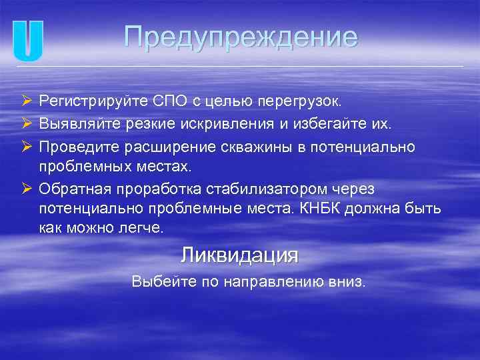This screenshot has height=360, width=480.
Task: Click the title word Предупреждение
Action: pyautogui.click(x=241, y=37)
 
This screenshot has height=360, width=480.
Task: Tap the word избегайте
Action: pyautogui.click(x=325, y=123)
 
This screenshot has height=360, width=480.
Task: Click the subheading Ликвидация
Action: pyautogui.click(x=239, y=255)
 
